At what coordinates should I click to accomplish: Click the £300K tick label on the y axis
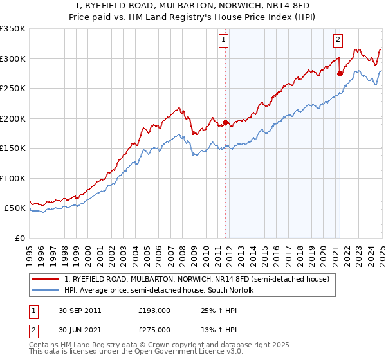coord(13,59)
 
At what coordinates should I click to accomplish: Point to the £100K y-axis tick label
coord(13,178)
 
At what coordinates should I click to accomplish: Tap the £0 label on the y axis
coord(20,238)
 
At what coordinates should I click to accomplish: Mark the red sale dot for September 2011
coord(226,122)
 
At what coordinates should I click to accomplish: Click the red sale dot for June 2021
coord(340,73)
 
